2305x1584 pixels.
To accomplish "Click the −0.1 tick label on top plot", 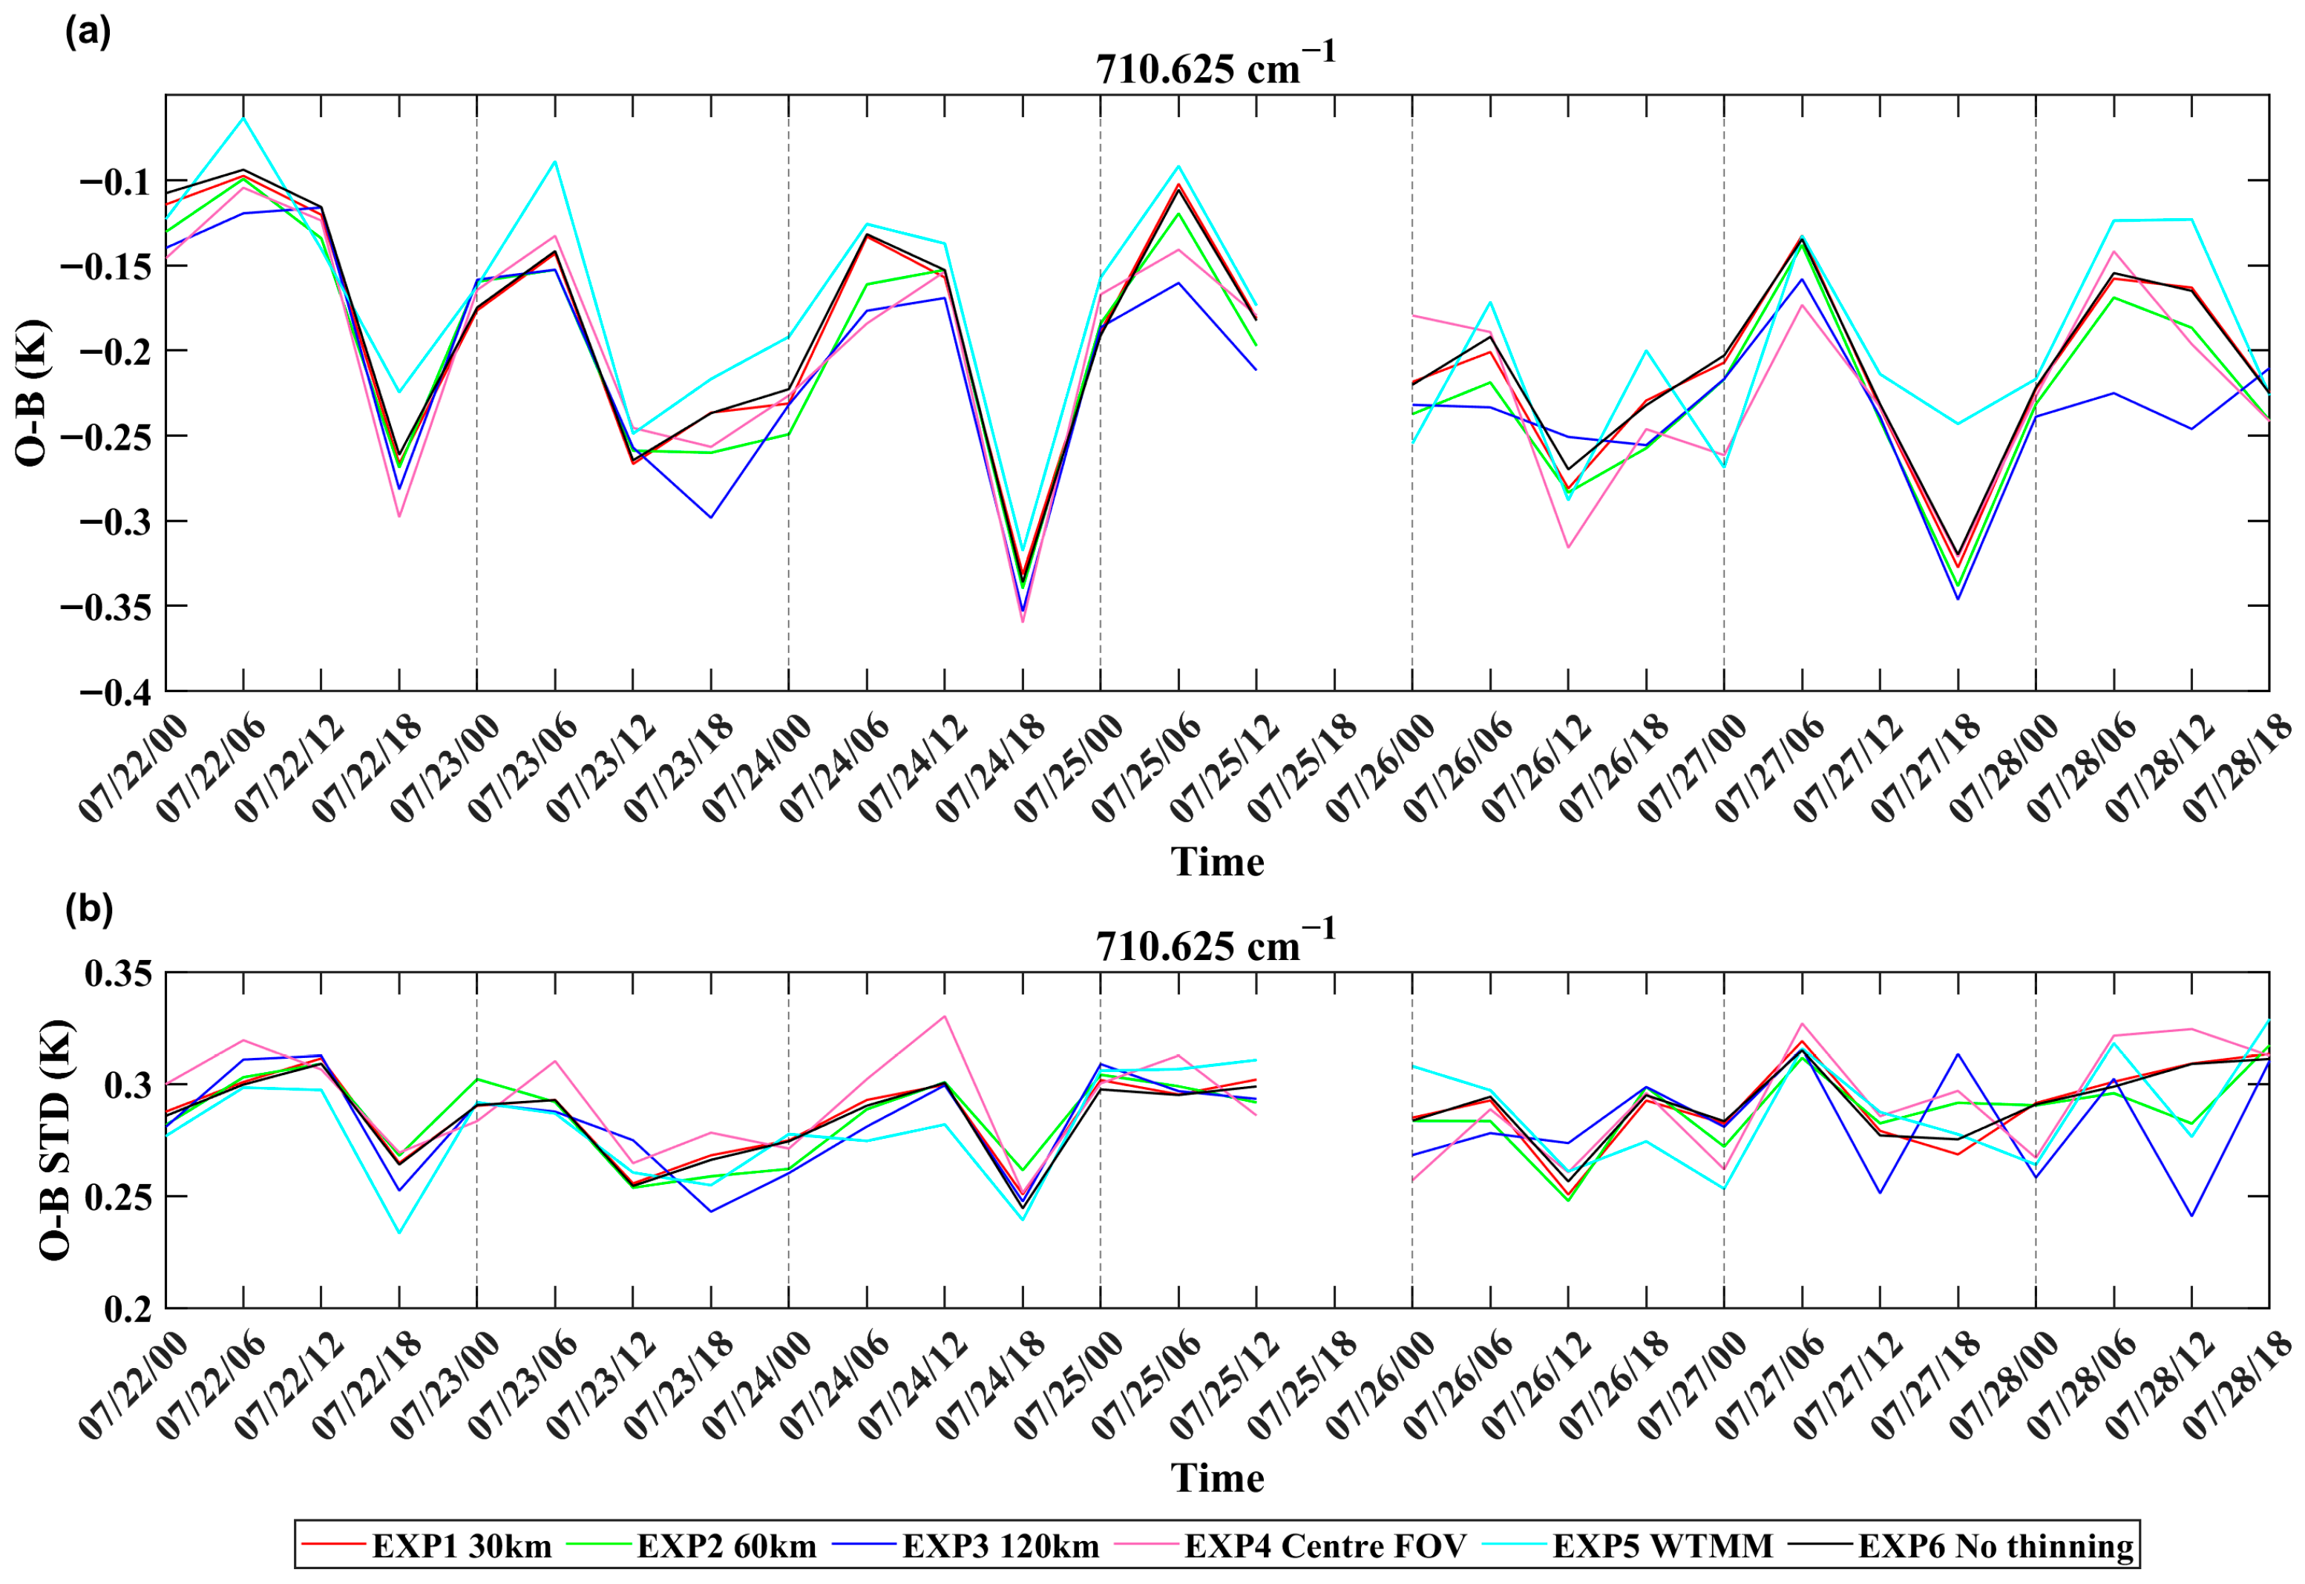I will click(114, 183).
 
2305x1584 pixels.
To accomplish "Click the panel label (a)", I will click(88, 32).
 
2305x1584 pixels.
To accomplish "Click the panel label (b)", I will click(88, 908).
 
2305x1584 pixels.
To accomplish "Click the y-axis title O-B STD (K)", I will click(56, 1140).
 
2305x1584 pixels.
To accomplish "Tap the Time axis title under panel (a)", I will click(1217, 861).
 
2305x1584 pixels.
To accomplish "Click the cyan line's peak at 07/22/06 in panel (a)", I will click(243, 118).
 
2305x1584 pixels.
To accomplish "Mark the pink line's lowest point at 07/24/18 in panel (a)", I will click(1023, 621).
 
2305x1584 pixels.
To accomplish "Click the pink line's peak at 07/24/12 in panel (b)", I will click(944, 1016).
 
